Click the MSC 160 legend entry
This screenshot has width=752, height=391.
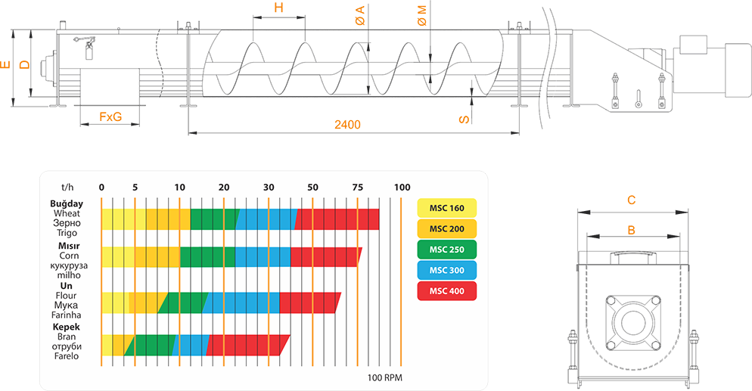click(446, 208)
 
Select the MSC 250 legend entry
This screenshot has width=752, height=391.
click(446, 250)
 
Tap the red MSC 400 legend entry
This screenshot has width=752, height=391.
click(446, 291)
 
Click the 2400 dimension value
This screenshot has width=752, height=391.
click(347, 125)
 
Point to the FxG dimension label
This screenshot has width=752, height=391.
click(110, 116)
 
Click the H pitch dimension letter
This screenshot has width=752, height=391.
click(278, 8)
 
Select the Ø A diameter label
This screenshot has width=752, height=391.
click(360, 15)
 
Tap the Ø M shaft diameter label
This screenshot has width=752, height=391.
click(422, 15)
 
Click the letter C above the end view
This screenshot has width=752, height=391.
click(632, 200)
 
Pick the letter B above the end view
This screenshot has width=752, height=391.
click(632, 230)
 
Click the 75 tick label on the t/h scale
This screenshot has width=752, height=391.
click(357, 188)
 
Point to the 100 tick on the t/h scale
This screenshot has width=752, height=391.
click(402, 188)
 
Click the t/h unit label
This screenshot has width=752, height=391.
click(67, 188)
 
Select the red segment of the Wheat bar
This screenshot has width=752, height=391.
click(337, 219)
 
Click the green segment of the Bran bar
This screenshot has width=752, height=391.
click(150, 345)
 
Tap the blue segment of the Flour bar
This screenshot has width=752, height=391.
click(242, 303)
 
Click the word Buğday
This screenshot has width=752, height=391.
click(67, 204)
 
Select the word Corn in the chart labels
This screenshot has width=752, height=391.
click(69, 256)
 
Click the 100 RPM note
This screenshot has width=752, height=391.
click(384, 377)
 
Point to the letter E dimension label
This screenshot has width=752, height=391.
click(5, 64)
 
